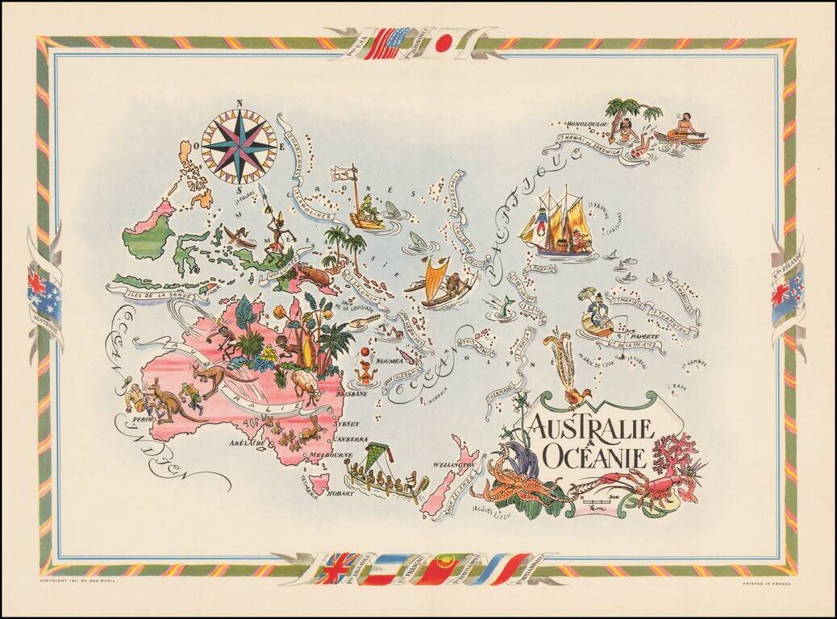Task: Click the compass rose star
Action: coord(239,145)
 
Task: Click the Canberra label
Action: coord(350,439)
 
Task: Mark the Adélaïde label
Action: coord(248,443)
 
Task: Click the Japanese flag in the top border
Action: coord(442,45)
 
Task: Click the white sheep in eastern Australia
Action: coord(306,384)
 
